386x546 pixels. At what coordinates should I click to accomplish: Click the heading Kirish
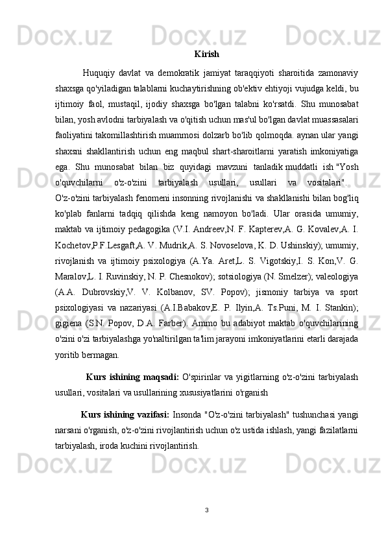206,54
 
